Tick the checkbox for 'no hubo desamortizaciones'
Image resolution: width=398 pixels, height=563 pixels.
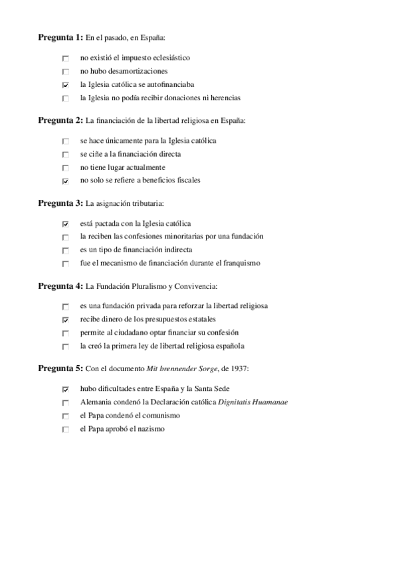pos(65,72)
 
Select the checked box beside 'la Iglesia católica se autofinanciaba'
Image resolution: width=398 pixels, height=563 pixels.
pos(65,85)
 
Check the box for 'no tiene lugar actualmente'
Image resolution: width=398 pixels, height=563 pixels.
pos(65,168)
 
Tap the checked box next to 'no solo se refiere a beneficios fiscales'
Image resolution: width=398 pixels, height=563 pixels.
pos(65,181)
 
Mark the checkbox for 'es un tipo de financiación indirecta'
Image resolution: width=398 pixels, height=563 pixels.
pos(65,251)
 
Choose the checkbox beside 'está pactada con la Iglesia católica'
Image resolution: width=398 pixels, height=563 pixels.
pos(65,224)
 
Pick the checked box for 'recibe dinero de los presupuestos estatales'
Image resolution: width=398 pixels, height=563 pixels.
pos(65,320)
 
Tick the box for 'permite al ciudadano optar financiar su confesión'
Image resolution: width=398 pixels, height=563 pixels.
pos(65,333)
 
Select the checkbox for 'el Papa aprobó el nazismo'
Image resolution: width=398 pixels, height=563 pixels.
pos(65,430)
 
